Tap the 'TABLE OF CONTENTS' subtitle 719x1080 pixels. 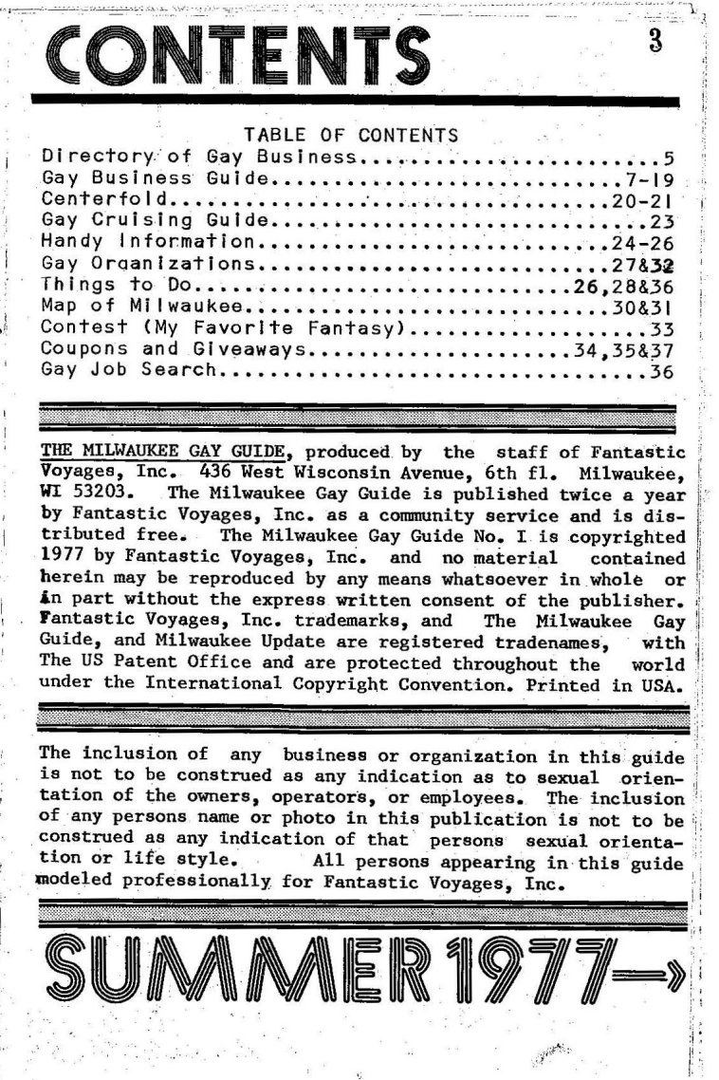(351, 136)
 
